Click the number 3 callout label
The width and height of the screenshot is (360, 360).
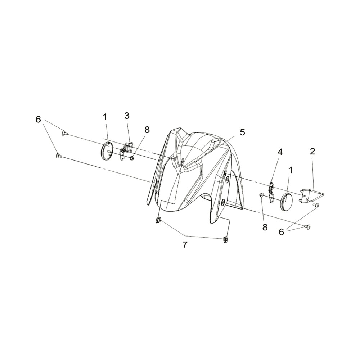(127, 116)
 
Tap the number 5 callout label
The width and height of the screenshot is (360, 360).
(242, 132)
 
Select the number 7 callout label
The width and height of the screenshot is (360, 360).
(185, 245)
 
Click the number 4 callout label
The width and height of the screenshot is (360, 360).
(274, 152)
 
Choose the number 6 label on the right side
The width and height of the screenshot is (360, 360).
(281, 232)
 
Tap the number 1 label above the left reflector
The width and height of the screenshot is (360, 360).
(105, 117)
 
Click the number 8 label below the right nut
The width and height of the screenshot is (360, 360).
(265, 227)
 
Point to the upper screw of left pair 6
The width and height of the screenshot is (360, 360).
(64, 133)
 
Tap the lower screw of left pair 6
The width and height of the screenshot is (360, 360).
(58, 156)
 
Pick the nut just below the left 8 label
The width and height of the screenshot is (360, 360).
(132, 158)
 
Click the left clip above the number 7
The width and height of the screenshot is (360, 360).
(158, 220)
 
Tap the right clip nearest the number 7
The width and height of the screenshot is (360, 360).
(225, 239)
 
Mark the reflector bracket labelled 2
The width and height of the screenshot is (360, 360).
(312, 195)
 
